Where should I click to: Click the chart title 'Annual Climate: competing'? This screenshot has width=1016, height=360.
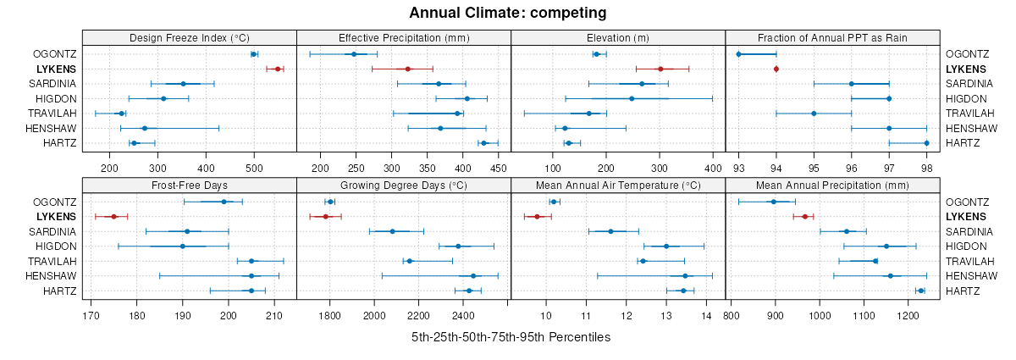tap(507, 13)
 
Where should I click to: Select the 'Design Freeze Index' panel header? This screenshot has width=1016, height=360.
tap(189, 38)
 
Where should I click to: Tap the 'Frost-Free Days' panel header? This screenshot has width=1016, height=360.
tap(189, 186)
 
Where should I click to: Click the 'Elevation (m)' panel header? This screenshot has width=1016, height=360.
tap(618, 38)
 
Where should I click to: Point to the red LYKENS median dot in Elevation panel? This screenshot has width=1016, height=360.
tap(660, 69)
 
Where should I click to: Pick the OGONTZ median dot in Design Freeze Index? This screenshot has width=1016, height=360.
tap(254, 54)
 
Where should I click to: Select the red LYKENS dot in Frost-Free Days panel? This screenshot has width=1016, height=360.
tap(113, 217)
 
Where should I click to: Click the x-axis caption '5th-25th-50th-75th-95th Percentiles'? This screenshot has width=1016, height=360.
tap(511, 337)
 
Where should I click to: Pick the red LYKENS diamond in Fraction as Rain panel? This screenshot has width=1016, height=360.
tap(776, 69)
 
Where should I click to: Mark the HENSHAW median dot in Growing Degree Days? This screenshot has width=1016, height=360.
tap(473, 276)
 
